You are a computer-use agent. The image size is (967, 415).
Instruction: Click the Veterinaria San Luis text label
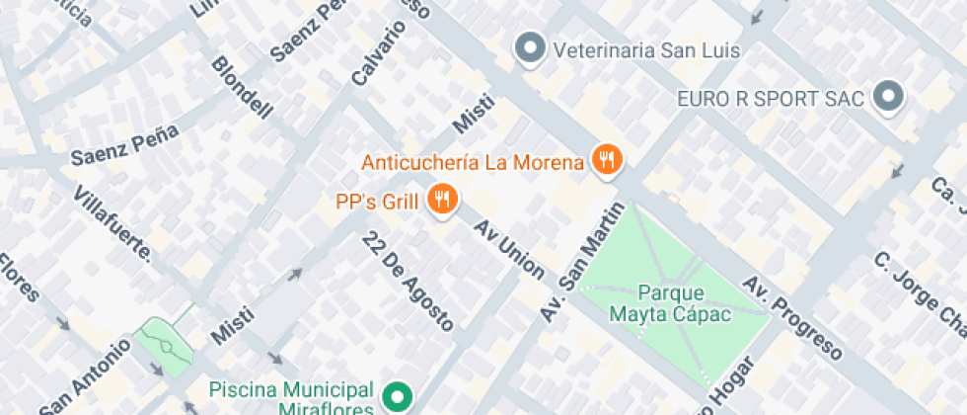(646, 49)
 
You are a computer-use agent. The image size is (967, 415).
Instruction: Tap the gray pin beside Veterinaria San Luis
(531, 48)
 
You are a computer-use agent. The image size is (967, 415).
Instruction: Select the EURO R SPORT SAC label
(771, 99)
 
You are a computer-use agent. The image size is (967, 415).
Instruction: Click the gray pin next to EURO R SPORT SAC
(891, 97)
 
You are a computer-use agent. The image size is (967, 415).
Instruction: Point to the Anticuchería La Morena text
(473, 162)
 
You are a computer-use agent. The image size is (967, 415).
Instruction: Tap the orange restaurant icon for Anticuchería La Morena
(607, 159)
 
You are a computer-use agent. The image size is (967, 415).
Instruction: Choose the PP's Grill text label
(378, 202)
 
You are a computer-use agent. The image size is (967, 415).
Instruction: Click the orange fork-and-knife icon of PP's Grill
(441, 201)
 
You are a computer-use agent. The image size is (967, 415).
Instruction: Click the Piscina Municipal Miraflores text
(291, 398)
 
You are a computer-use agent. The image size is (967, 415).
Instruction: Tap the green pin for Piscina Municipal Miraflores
(398, 398)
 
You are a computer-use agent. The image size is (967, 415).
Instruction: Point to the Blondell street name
(241, 88)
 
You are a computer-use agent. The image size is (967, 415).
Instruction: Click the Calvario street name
(364, 53)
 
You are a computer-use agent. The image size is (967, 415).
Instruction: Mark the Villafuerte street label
(113, 222)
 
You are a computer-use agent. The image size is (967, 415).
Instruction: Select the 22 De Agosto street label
(408, 281)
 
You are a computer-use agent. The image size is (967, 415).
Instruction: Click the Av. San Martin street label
(583, 262)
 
